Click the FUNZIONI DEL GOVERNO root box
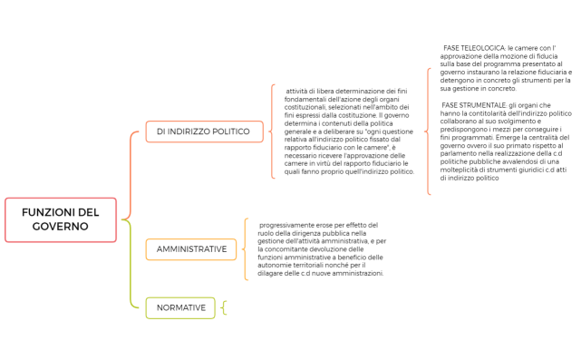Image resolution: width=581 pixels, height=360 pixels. point(61,219)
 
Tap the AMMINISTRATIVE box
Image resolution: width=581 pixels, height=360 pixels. point(190,248)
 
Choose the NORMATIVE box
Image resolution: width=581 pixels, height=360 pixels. point(180,308)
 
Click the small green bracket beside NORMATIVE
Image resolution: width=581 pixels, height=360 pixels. point(223,308)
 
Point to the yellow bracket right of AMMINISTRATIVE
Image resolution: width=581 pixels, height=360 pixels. point(245,248)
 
